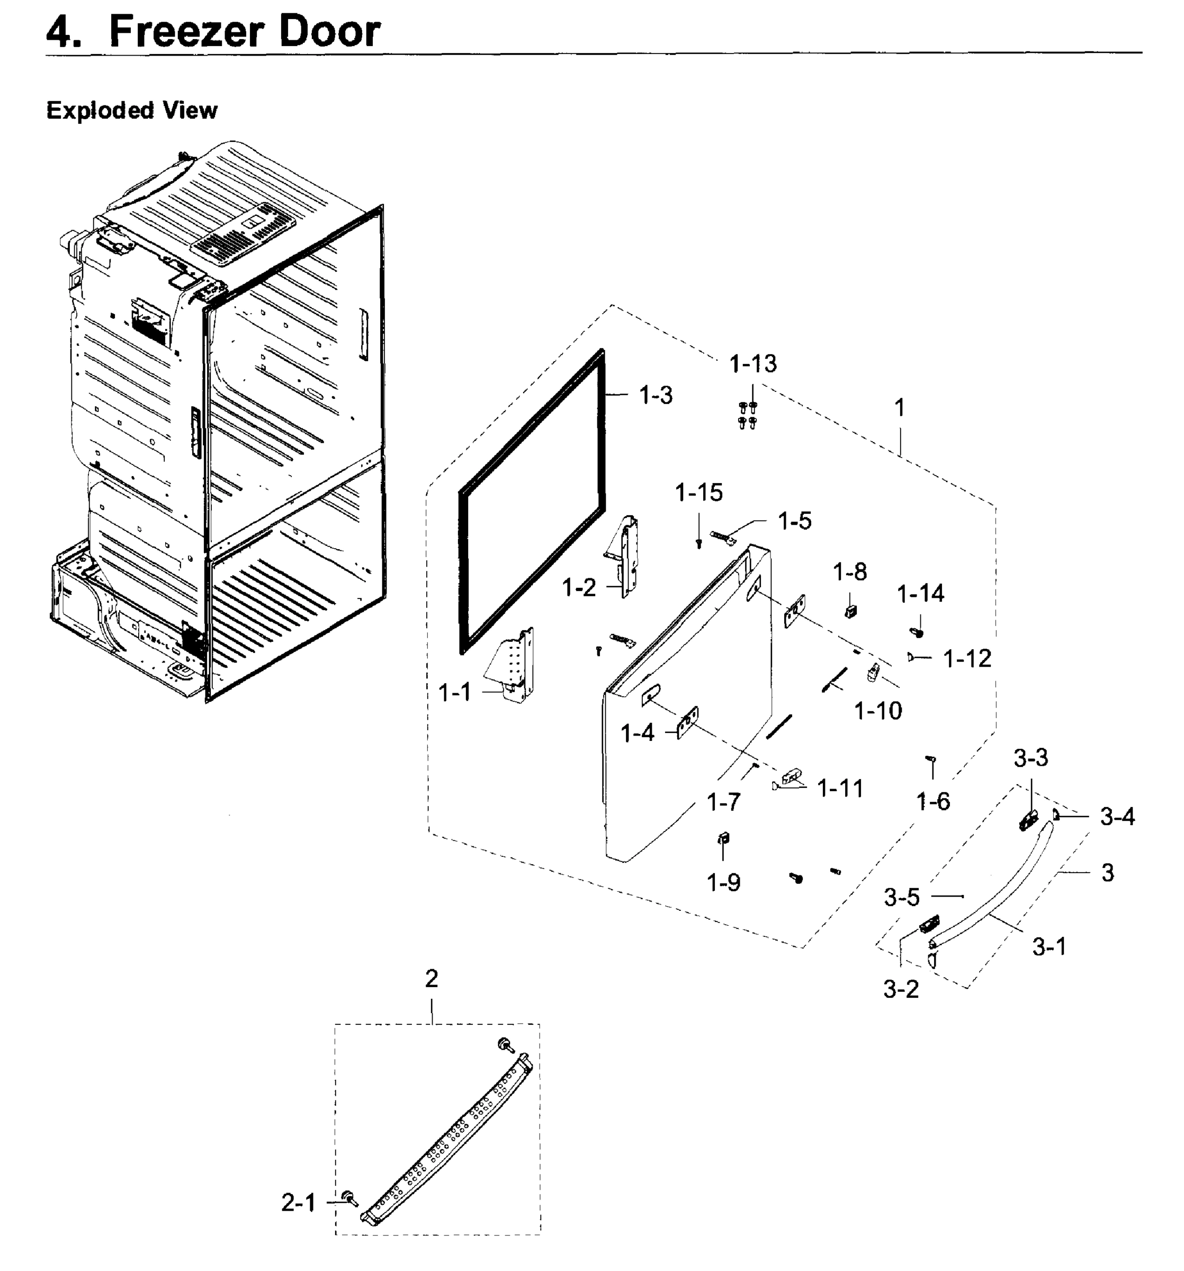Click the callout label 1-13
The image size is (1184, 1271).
coord(752,364)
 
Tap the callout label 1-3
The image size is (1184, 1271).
coord(656,396)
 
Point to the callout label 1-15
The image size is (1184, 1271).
coord(699,493)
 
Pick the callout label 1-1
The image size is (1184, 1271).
coord(454,692)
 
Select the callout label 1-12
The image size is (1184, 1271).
coord(967,658)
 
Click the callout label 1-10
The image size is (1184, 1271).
coord(878,710)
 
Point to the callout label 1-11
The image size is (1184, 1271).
coord(840,789)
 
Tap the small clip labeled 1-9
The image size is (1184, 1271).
coord(724,838)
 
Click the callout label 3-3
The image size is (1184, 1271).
coord(1030,758)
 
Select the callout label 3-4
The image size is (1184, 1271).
coord(1117,817)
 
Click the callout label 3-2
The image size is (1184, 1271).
coord(901,990)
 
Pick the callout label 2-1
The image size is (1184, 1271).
coord(299,1203)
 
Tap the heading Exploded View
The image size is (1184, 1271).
coord(132,111)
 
